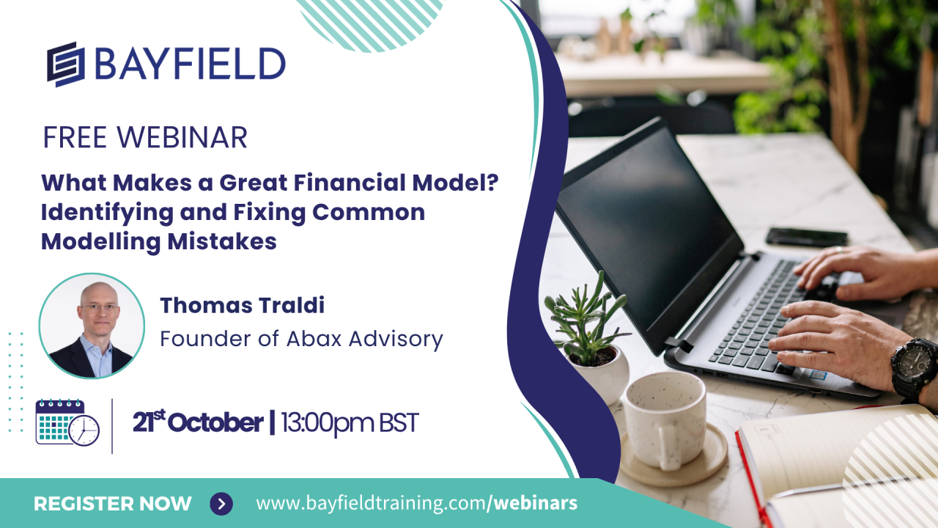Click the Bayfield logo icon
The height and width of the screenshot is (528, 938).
[x=66, y=64]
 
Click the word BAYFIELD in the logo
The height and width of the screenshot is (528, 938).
[x=190, y=64]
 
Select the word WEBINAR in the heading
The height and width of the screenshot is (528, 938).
[x=182, y=137]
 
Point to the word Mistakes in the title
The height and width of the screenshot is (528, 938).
[x=222, y=241]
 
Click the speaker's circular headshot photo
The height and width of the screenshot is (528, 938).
[x=92, y=326]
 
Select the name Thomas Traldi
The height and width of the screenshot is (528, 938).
[x=242, y=305]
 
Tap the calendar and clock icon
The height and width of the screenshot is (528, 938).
[x=67, y=422]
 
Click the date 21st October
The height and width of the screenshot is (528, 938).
[x=198, y=422]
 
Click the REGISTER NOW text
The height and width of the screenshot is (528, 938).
[x=113, y=504]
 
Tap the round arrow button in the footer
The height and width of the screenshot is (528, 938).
[x=221, y=503]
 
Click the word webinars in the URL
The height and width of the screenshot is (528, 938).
[x=536, y=503]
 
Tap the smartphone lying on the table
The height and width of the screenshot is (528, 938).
[x=807, y=237]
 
